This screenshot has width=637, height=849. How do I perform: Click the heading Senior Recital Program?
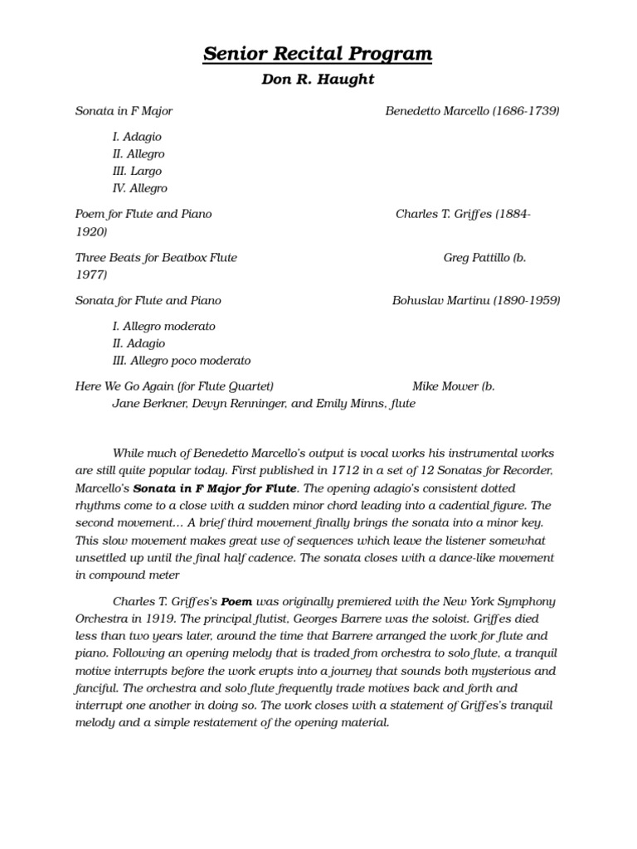tap(318, 55)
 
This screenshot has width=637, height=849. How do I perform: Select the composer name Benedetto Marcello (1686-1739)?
tap(472, 110)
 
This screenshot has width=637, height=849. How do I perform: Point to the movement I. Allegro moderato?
tap(163, 326)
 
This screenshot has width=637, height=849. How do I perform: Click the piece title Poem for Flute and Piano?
tap(143, 214)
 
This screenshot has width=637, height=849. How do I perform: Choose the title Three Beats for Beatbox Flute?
tap(156, 258)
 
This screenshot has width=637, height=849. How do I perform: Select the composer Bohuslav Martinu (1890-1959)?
tap(475, 300)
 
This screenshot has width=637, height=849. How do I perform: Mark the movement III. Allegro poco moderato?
tap(181, 361)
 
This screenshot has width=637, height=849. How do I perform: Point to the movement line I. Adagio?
tap(137, 136)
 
